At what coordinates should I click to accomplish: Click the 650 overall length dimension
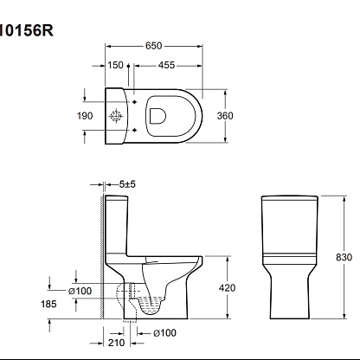[x=153, y=46]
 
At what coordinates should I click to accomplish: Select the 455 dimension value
[x=166, y=66]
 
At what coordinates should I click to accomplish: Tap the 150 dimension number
[x=115, y=65]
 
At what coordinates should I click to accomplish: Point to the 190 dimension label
[x=85, y=116]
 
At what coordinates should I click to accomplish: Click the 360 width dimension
[x=225, y=116]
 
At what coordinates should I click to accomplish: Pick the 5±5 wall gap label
[x=127, y=184]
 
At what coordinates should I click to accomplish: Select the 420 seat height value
[x=227, y=288]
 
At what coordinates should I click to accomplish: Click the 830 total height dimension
[x=344, y=257]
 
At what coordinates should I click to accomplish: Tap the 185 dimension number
[x=48, y=304]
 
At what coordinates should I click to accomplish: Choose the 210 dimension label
[x=117, y=343]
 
